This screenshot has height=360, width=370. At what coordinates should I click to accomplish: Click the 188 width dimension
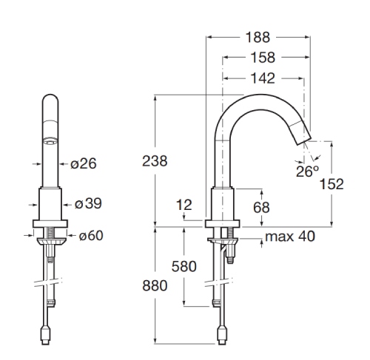point(258,38)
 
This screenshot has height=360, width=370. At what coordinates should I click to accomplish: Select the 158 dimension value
point(263,58)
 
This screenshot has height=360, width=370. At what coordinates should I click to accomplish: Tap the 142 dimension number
point(263,78)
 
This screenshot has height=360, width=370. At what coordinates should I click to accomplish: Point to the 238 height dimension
point(155,161)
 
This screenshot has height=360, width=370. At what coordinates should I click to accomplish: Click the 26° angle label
point(308,171)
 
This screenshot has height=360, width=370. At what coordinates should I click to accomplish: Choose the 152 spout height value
point(332,184)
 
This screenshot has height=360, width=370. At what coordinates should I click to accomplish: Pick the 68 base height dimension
point(261,208)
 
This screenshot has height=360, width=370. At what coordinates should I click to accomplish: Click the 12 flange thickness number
point(184,205)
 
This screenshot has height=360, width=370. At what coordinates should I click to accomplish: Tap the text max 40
point(290,237)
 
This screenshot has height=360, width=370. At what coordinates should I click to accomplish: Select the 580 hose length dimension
point(184,266)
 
